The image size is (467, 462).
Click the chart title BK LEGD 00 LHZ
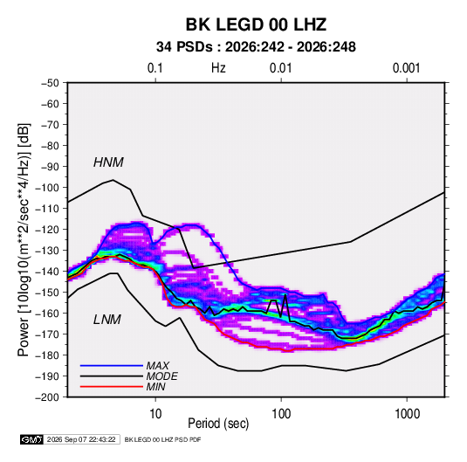(256, 24)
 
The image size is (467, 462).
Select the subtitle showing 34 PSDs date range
(256, 47)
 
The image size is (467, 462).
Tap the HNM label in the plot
(108, 162)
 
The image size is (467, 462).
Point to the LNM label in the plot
(107, 320)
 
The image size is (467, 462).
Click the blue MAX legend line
(112, 366)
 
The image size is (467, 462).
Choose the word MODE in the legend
(162, 376)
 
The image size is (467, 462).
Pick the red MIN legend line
(112, 387)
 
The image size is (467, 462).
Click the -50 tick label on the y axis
(50, 83)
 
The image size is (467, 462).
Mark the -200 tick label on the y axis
(47, 397)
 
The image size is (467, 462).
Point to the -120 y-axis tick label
(47, 230)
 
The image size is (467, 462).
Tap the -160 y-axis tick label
(47, 314)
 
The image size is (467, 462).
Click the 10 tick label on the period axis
(155, 414)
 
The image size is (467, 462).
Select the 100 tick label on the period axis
(281, 414)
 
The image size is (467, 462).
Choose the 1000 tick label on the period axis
(407, 414)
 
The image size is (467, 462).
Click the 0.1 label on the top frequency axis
(155, 68)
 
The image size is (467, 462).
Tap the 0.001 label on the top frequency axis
(407, 68)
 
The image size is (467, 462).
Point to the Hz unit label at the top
(218, 68)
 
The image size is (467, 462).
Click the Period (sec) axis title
(218, 424)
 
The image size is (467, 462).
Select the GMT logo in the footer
(32, 439)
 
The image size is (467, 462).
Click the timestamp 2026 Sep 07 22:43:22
(81, 439)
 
